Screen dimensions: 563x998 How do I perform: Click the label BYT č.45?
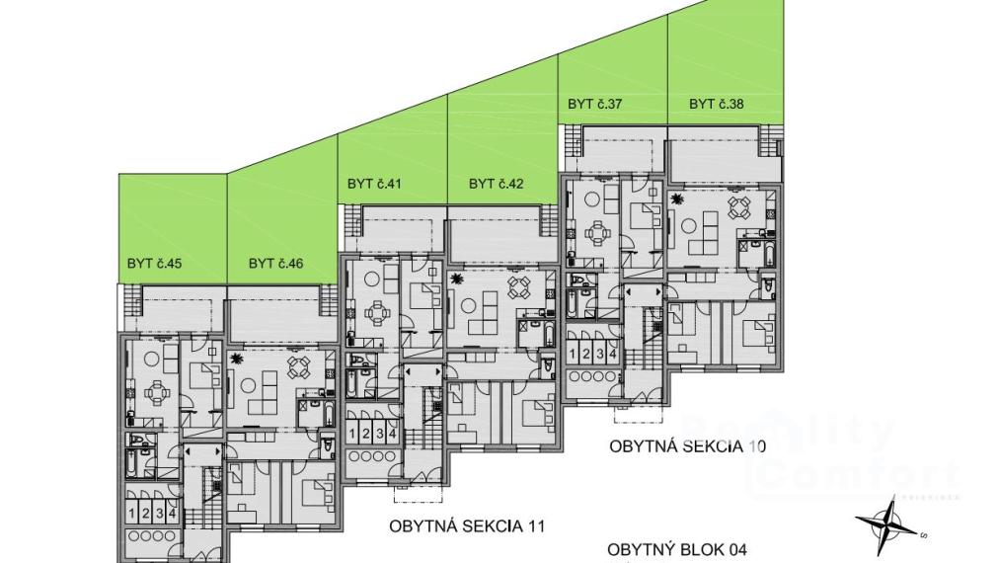point(155,264)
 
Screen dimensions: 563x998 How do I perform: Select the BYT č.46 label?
point(275,264)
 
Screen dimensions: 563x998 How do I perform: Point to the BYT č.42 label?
point(496,183)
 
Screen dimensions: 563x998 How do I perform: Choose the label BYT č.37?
point(594,103)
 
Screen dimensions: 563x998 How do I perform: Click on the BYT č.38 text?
point(716,103)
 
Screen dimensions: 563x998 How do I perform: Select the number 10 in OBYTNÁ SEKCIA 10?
point(756,446)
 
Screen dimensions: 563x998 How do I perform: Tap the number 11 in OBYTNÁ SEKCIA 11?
point(535,525)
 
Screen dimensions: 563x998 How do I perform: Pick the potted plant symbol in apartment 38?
point(677,201)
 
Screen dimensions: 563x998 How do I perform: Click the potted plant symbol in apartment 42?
point(457,281)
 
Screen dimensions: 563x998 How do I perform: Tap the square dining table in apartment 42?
point(518,287)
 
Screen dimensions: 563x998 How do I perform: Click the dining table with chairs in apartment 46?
point(298,367)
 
